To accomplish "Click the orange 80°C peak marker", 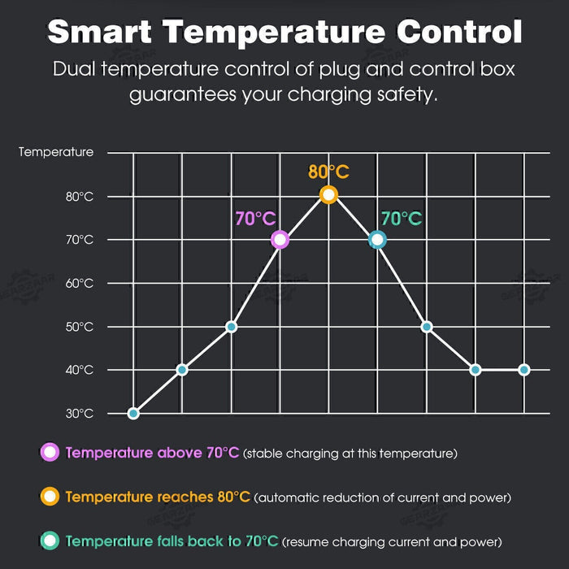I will [x=328, y=195].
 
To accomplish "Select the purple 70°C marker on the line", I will [x=280, y=239].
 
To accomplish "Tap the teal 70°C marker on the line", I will [x=376, y=239].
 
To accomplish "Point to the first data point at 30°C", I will [x=133, y=413].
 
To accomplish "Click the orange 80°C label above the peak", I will [x=328, y=172].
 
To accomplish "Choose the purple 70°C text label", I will [x=255, y=219].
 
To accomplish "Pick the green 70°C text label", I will [x=402, y=219].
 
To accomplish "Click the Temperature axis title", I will [x=56, y=152].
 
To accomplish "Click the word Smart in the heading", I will [x=98, y=32].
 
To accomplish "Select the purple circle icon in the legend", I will [x=50, y=452].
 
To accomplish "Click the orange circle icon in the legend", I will [x=50, y=496].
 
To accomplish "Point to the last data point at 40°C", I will [x=523, y=370].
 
